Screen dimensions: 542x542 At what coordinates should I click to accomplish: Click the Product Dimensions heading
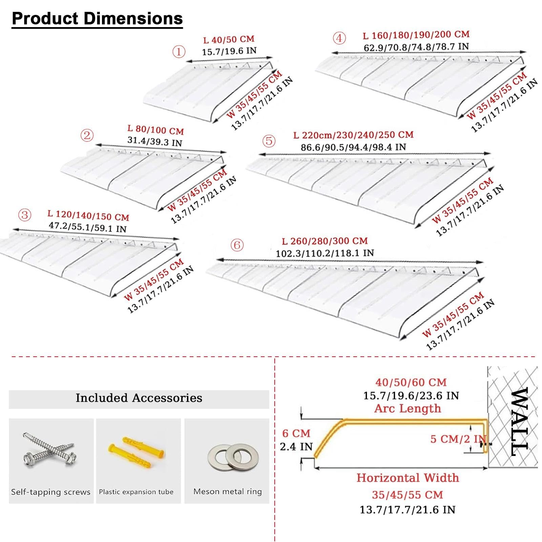[97, 19]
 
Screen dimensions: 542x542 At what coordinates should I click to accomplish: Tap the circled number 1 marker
[179, 52]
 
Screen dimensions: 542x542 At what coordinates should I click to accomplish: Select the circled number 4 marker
[339, 38]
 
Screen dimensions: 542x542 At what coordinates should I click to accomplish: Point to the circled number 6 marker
[237, 245]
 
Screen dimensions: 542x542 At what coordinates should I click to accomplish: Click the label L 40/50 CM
[229, 40]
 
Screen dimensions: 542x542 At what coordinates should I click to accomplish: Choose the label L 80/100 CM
[155, 130]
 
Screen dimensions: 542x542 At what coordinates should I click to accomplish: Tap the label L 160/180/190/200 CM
[416, 35]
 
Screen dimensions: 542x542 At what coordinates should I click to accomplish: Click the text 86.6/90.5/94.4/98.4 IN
[353, 147]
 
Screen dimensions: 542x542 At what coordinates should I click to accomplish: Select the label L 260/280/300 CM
[325, 241]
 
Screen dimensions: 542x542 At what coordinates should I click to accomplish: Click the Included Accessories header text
[139, 398]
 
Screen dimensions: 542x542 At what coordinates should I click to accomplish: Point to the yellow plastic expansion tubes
[137, 452]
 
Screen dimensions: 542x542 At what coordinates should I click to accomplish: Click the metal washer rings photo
[228, 456]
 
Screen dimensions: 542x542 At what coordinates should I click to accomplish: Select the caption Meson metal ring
[228, 492]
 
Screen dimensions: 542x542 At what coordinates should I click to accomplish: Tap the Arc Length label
[408, 409]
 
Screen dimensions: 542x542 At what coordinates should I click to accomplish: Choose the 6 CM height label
[296, 433]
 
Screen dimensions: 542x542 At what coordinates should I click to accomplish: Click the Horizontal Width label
[408, 478]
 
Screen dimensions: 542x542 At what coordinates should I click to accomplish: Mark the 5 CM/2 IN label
[458, 439]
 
